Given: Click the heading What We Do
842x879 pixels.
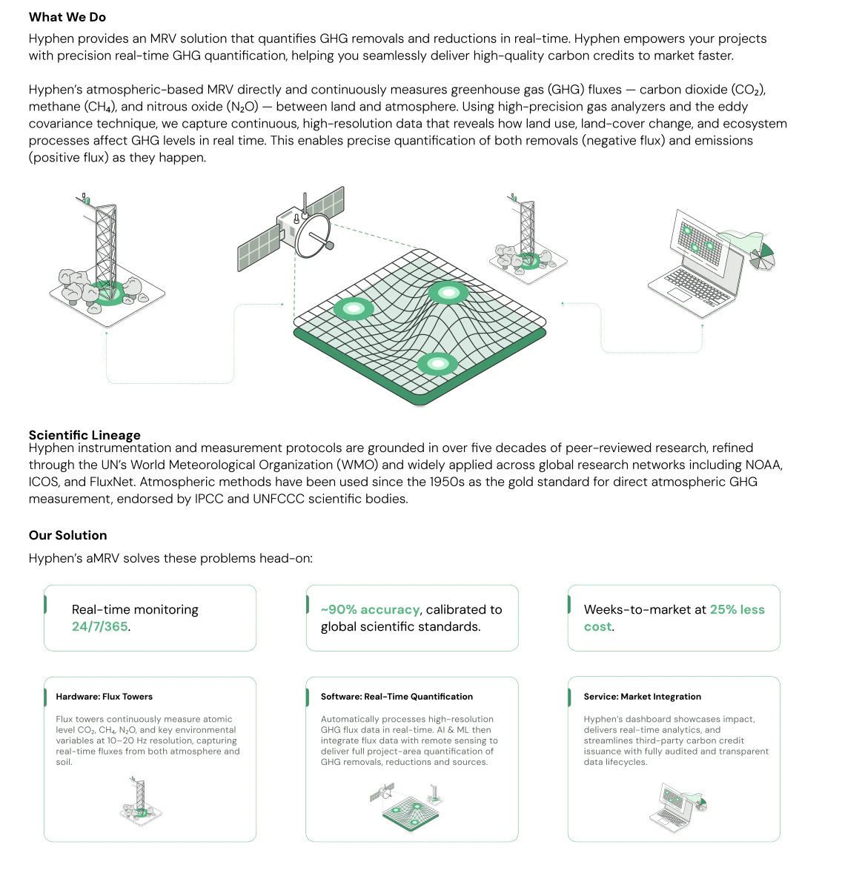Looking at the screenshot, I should [67, 17].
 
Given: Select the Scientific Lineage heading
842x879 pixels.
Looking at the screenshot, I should [84, 435].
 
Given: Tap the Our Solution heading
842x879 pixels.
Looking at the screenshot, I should [67, 535].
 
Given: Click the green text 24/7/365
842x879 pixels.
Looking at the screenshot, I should [100, 626].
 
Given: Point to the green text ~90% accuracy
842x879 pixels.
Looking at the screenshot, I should [370, 609].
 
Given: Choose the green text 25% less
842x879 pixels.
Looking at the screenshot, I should [737, 609].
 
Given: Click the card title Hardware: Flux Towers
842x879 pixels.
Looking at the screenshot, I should [104, 697].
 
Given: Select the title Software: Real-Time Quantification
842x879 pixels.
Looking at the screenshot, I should [397, 697].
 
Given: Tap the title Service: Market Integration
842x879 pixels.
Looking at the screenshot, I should [642, 697].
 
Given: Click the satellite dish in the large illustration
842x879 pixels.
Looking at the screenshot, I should [312, 236].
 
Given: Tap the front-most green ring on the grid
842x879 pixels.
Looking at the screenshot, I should [437, 363].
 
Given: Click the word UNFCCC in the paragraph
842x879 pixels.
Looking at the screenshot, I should [283, 499].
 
